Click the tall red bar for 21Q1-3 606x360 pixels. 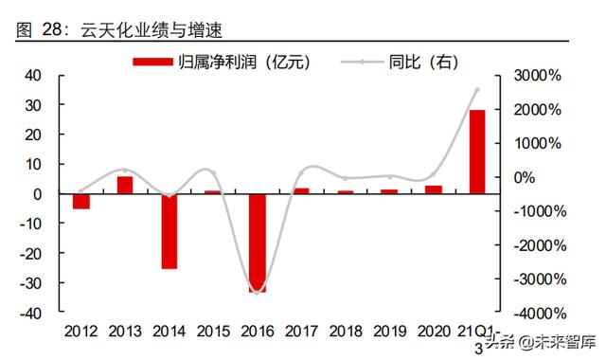(476, 152)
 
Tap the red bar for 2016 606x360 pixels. (258, 243)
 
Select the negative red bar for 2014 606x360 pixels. (169, 231)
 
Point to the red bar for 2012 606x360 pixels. (81, 201)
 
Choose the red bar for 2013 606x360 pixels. (125, 185)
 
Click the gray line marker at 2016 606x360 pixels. (258, 292)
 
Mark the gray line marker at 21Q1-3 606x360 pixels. (476, 90)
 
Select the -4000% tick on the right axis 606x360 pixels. (540, 314)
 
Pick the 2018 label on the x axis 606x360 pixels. (344, 332)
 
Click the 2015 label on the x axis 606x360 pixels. (213, 332)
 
